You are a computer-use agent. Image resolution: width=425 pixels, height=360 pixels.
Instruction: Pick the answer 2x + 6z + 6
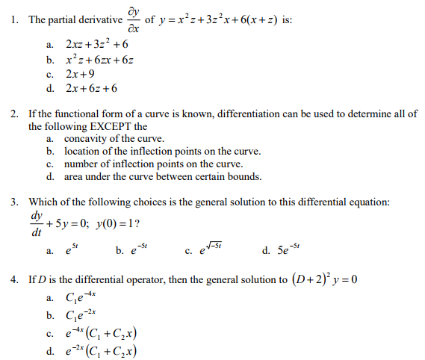pyautogui.click(x=91, y=89)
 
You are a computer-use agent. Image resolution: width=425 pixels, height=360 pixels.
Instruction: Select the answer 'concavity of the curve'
pyautogui.click(x=114, y=139)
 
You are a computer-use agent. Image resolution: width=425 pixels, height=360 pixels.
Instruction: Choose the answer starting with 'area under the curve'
pyautogui.click(x=163, y=177)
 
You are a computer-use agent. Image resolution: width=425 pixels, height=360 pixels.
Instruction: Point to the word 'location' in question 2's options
pyautogui.click(x=83, y=152)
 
